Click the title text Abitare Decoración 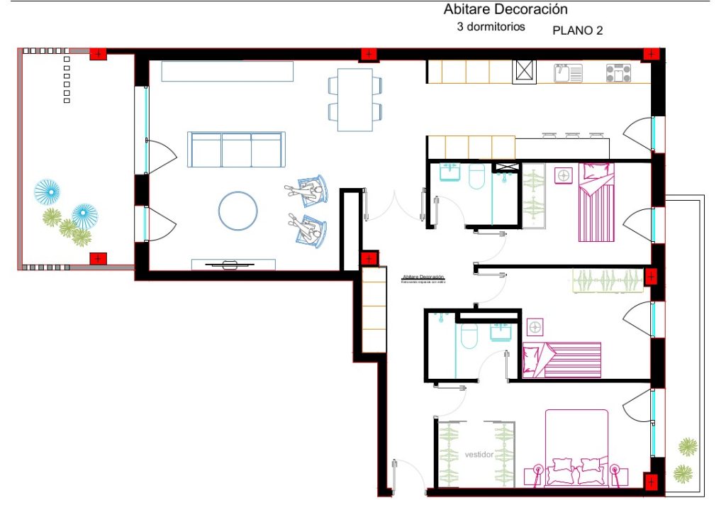(506, 9)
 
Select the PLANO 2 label (577, 31)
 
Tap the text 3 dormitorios (491, 27)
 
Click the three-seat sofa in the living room (236, 149)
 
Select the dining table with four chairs (355, 99)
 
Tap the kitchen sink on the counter (568, 72)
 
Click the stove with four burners (618, 72)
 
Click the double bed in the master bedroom (576, 448)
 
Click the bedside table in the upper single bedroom (564, 175)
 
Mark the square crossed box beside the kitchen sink (525, 72)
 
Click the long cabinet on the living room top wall (227, 72)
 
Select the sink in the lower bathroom (501, 331)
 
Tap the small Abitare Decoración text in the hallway (423, 277)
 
